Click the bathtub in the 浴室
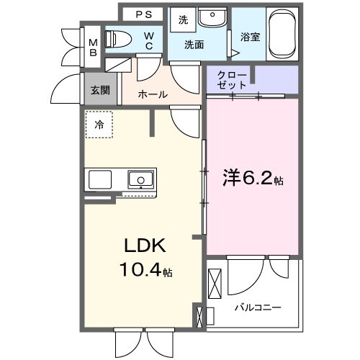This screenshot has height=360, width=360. coord(281,35)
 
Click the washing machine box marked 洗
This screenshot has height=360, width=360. coord(183,19)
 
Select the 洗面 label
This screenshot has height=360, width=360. coord(193,45)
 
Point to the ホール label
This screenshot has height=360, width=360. coord(152,94)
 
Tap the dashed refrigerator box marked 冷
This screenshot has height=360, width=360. coord(99,125)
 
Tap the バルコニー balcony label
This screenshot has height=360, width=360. coord(257,307)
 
